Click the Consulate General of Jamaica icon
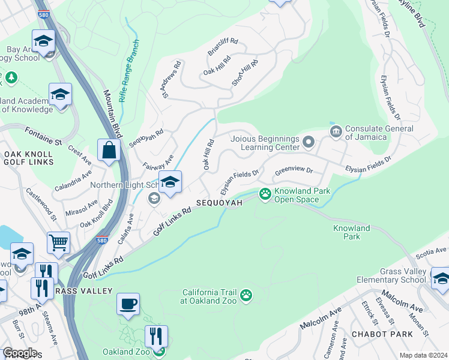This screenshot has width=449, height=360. (x=336, y=130)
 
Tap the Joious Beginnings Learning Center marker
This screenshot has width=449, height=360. (x=309, y=142)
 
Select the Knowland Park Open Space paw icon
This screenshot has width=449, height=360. (x=265, y=193)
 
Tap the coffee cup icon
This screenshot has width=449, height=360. (x=128, y=304)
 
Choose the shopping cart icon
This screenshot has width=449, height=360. (x=59, y=242)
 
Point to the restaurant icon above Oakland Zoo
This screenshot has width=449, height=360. (x=156, y=336)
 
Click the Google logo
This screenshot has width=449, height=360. (x=19, y=353)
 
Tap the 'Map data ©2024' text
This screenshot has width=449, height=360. (x=423, y=355)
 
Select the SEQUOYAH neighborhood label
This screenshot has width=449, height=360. (x=219, y=203)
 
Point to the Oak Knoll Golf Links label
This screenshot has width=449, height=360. (x=28, y=158)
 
